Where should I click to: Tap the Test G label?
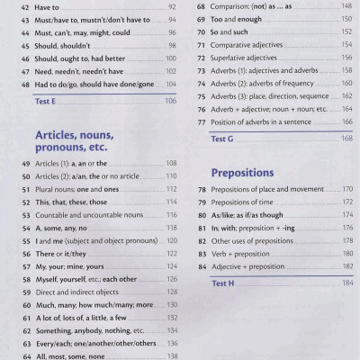click(221, 139)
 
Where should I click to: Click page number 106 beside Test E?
click(171, 102)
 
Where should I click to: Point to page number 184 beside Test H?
click(346, 283)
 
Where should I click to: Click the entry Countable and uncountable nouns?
click(87, 215)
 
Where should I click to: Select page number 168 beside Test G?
click(346, 139)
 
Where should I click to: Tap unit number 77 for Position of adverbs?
click(200, 121)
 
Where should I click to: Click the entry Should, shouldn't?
click(63, 44)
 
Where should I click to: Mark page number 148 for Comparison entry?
click(346, 5)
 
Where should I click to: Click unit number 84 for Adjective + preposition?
click(200, 266)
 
